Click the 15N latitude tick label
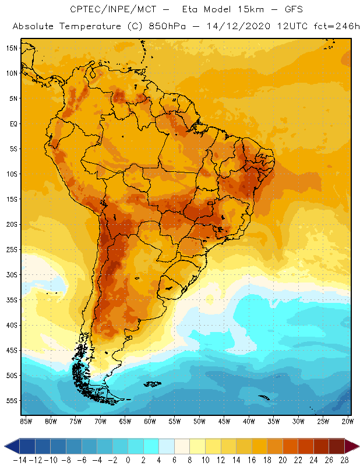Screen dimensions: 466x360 [x=12, y=48]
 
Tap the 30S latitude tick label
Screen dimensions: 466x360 [x=12, y=274]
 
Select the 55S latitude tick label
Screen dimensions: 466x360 [x=12, y=401]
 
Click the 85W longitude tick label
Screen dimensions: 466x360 [x=26, y=421]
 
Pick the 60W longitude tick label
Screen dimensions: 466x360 [x=150, y=421]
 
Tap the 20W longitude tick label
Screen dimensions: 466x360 [x=348, y=421]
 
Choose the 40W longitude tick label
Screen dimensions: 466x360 [x=249, y=421]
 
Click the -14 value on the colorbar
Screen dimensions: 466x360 [x=20, y=460]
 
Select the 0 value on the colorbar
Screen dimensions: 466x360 [x=128, y=460]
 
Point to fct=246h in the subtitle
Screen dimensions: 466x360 [x=329, y=27]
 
